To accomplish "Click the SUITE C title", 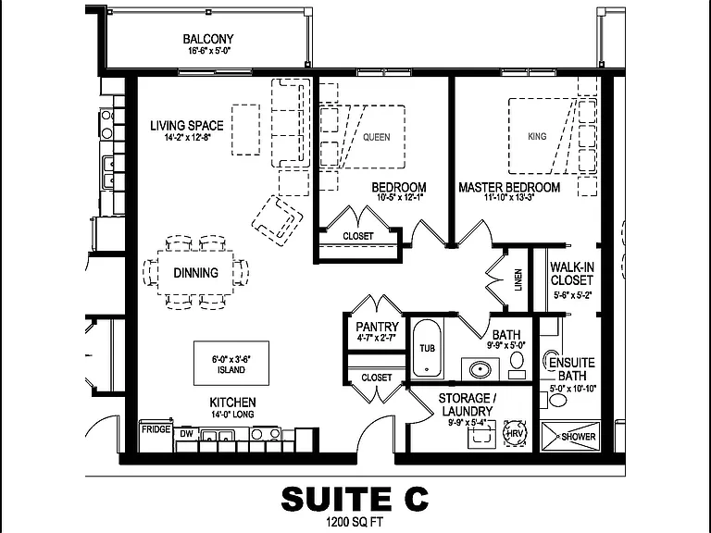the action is coord(355,499).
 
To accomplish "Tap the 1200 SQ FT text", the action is coord(355,522).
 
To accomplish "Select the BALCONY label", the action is coord(208,39).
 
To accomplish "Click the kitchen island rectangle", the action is coord(231,363).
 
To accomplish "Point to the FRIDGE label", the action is coord(156,429).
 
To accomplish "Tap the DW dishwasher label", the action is coord(186,434).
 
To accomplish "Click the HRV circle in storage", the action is coord(515,434).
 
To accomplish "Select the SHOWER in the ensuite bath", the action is coord(570,437).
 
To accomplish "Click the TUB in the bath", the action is coord(427,348).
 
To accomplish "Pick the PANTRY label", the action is coord(378,327).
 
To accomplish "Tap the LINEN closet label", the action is coord(518,279).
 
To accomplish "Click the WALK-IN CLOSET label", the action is coord(572,273).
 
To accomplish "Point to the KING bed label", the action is coord(537,136).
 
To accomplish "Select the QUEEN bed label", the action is coord(377,137).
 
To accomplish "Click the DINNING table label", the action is coord(196,273).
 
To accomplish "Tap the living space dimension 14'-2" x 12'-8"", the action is coord(188,137).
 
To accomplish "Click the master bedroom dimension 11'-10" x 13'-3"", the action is coord(509,198).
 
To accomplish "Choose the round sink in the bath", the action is coord(480,369).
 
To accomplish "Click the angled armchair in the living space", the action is coord(278,221).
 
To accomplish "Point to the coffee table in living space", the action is coord(245,130).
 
